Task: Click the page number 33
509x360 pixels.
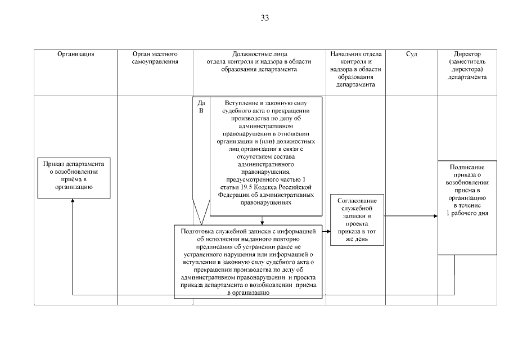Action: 265,18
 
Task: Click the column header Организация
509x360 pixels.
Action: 75,54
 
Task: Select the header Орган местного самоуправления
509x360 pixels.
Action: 155,57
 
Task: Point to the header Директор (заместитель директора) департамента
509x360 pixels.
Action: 467,65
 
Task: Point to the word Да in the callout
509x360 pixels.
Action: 201,103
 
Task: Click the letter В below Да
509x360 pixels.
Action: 201,111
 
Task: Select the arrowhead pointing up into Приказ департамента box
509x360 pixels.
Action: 73,201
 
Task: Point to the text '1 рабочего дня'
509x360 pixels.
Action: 468,214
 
